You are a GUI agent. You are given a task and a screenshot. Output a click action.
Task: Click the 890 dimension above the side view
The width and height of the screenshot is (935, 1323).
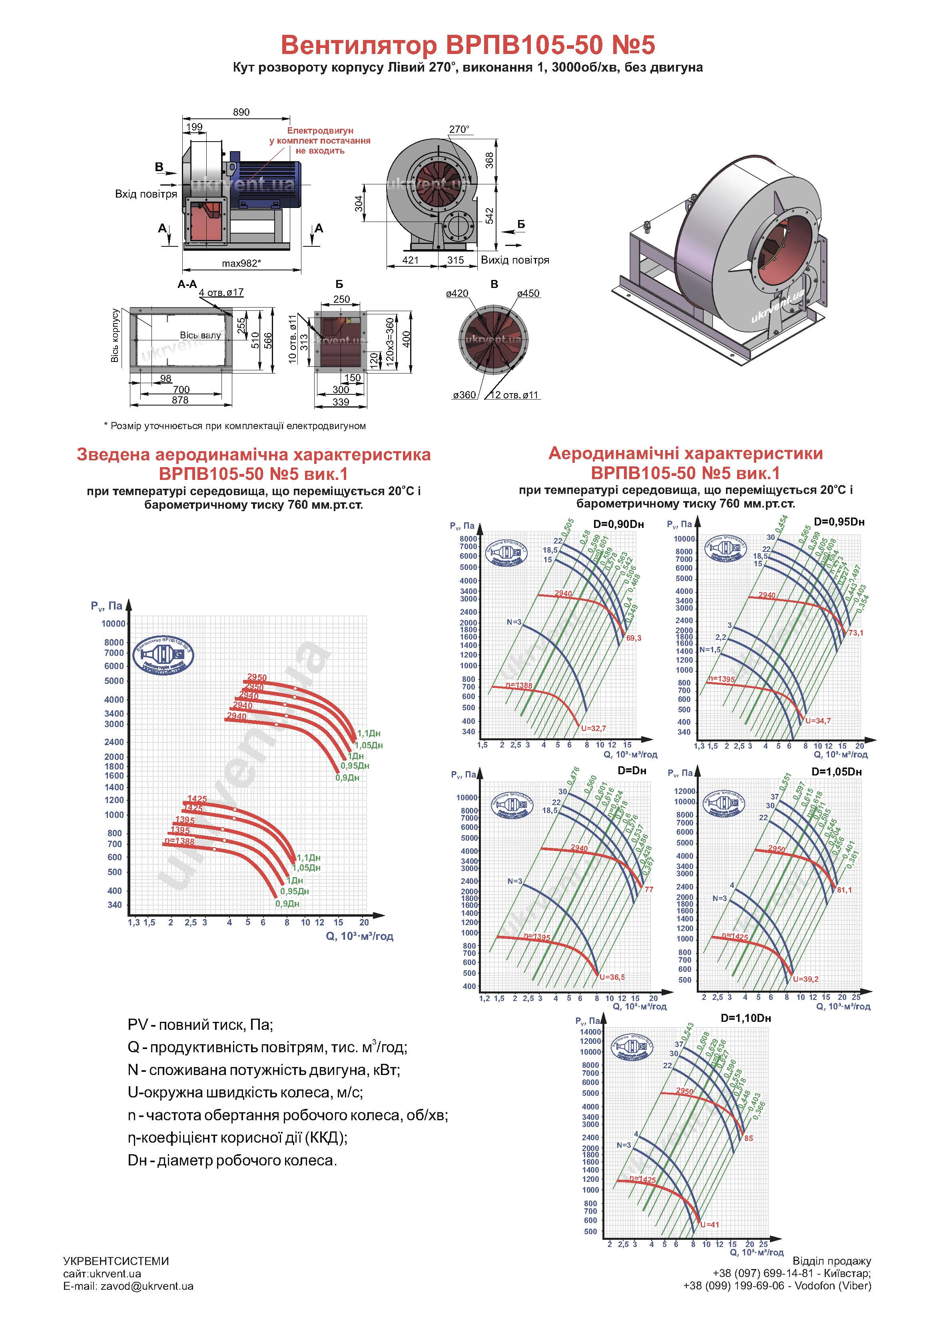[241, 112]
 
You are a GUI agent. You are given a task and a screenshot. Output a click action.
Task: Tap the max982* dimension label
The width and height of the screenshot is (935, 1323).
[241, 263]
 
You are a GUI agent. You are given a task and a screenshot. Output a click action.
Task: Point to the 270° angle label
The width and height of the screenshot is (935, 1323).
[459, 130]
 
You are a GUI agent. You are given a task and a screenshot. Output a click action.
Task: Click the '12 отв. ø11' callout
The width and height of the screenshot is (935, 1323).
[514, 395]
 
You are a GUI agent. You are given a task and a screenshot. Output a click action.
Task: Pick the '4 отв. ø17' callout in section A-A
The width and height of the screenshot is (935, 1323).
[221, 293]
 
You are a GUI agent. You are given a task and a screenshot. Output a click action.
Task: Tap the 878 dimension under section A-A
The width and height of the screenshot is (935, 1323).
[180, 400]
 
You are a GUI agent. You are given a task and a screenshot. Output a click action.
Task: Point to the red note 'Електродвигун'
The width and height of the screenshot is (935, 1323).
[320, 131]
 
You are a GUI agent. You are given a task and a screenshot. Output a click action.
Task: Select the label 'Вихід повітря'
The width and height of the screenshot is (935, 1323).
[514, 260]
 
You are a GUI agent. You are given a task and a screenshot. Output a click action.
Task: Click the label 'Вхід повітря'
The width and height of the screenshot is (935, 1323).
[146, 194]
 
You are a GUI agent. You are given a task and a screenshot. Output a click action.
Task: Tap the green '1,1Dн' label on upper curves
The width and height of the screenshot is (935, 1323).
[369, 733]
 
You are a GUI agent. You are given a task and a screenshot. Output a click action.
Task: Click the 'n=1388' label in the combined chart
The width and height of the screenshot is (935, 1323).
[179, 841]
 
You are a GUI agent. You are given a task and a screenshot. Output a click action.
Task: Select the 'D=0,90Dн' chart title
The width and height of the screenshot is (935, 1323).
[618, 524]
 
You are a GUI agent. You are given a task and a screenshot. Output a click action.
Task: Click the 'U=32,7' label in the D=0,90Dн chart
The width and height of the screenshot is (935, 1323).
[593, 728]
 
